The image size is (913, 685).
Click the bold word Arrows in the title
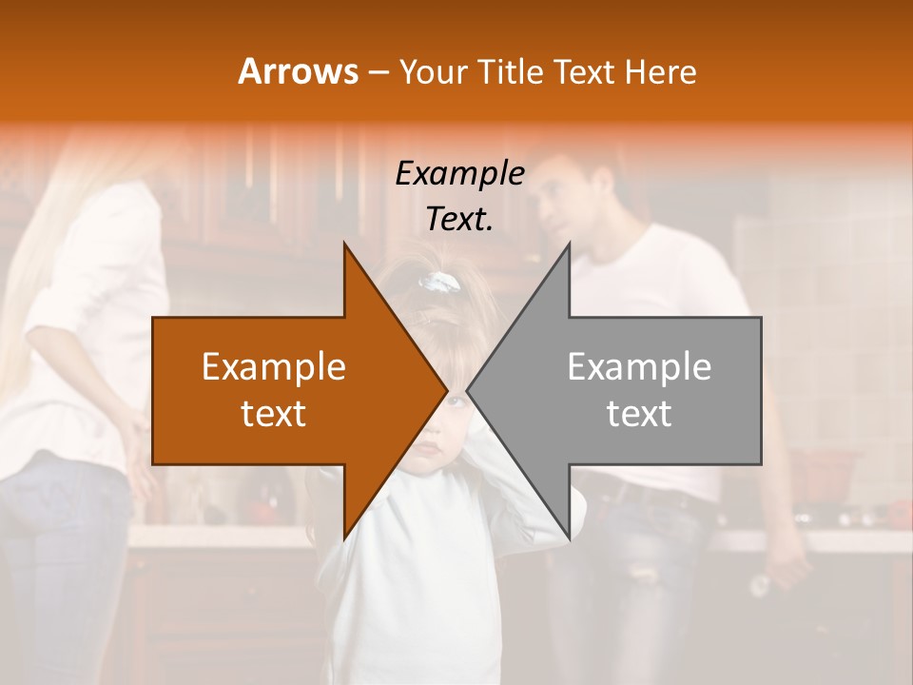[x=297, y=71]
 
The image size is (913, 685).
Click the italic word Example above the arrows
[x=459, y=175]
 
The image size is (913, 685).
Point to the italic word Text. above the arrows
[x=459, y=220]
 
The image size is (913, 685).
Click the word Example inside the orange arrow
[x=273, y=367]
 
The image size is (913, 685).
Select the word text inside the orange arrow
[x=273, y=414]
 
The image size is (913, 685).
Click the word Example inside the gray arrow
[x=639, y=367]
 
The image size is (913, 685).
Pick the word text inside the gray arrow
[x=639, y=414]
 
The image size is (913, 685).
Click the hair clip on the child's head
[x=441, y=283]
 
